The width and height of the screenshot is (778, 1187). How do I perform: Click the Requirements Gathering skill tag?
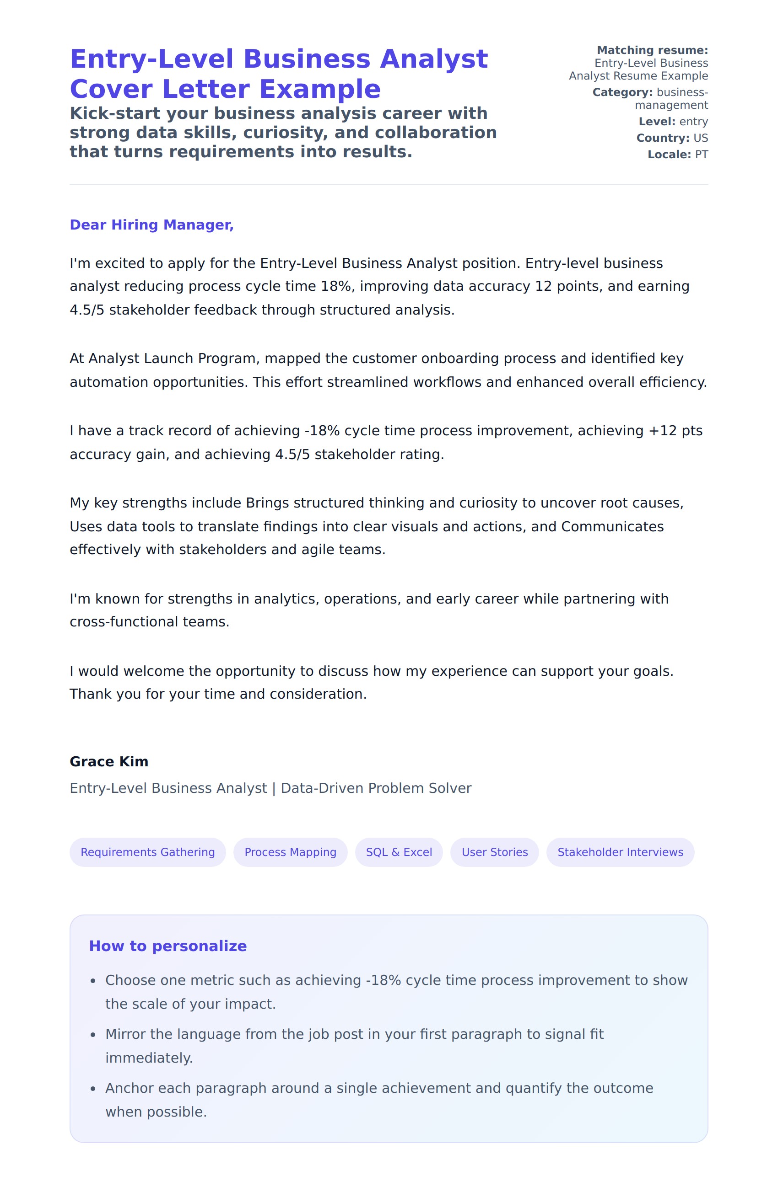[x=147, y=852]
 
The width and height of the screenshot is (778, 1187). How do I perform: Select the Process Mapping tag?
[x=290, y=852]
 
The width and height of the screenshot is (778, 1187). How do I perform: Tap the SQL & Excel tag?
[x=399, y=852]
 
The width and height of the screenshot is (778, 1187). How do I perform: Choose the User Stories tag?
[x=494, y=852]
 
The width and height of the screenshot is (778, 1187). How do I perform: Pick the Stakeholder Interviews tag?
[x=620, y=852]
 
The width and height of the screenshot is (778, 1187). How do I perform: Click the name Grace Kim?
[x=109, y=762]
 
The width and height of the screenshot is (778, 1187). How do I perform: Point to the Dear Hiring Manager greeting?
[x=151, y=225]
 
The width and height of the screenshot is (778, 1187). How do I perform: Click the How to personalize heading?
[x=167, y=946]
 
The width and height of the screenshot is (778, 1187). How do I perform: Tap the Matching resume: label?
[x=652, y=50]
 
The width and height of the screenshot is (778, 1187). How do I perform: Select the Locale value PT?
[x=701, y=155]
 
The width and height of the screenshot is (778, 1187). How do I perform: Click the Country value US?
[x=700, y=138]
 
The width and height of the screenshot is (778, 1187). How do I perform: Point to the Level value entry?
[x=693, y=122]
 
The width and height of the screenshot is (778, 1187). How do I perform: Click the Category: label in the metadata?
[x=622, y=92]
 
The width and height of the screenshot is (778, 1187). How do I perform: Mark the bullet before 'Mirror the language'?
[x=93, y=1035]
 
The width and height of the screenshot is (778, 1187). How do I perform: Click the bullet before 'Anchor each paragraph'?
[x=93, y=1089]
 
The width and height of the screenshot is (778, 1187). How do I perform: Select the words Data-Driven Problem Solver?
[x=376, y=788]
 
